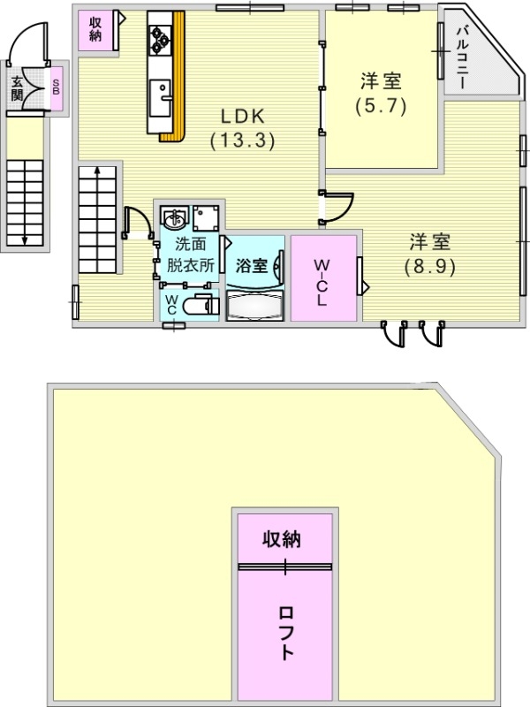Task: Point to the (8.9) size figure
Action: tap(429, 265)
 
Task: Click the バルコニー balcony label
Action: tap(461, 58)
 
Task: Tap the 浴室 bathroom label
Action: tap(252, 265)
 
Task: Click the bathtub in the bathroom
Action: tap(254, 307)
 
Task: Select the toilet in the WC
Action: tap(204, 307)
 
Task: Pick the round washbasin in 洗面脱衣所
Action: tap(174, 217)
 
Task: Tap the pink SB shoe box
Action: tap(57, 89)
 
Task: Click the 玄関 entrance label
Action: tap(17, 88)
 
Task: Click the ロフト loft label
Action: tap(285, 633)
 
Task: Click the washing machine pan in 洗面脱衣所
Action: tap(208, 217)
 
